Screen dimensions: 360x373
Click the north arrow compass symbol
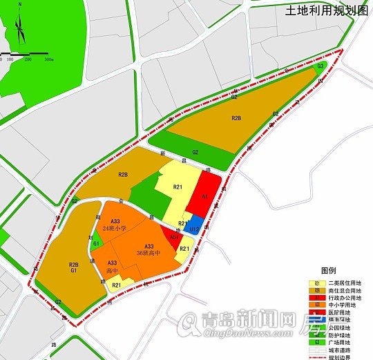coord(19,28)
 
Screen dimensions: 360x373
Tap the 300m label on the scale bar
coord(49,60)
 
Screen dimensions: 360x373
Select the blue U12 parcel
coord(195,224)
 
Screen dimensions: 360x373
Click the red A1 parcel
coord(204,197)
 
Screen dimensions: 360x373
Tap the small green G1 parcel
coord(97,243)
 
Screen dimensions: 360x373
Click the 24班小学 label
coord(114,227)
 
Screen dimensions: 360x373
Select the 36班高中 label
coord(149,253)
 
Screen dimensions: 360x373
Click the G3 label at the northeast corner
coord(321,66)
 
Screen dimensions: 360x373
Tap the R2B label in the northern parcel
coord(236,119)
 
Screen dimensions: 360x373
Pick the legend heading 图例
coord(327,270)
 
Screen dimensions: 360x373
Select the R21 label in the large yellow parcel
coord(178,188)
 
